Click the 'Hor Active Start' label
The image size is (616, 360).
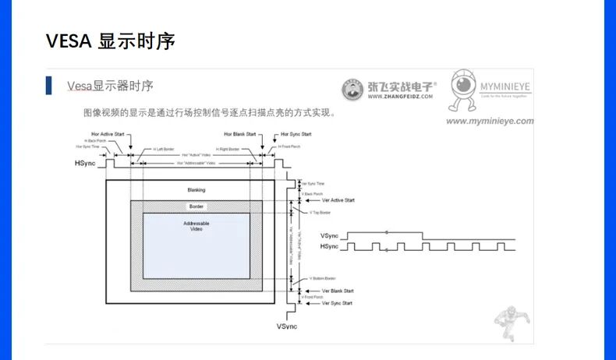[108, 134]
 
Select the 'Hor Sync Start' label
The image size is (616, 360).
[296, 134]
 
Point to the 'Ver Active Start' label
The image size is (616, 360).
[338, 199]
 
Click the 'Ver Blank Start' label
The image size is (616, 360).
[338, 291]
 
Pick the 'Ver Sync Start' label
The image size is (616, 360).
[338, 303]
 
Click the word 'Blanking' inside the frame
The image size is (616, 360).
[196, 190]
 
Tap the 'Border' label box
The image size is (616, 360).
[196, 206]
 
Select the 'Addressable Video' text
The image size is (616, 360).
[196, 226]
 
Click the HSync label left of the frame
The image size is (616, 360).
[86, 164]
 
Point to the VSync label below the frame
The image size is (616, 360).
[287, 326]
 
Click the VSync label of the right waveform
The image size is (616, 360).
[329, 235]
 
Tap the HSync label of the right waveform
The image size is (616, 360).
[329, 247]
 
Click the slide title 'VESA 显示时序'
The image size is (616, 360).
[109, 41]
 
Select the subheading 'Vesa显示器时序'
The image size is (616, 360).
[110, 86]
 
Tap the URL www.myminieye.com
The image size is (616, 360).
[490, 122]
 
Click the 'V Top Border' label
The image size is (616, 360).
[320, 212]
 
